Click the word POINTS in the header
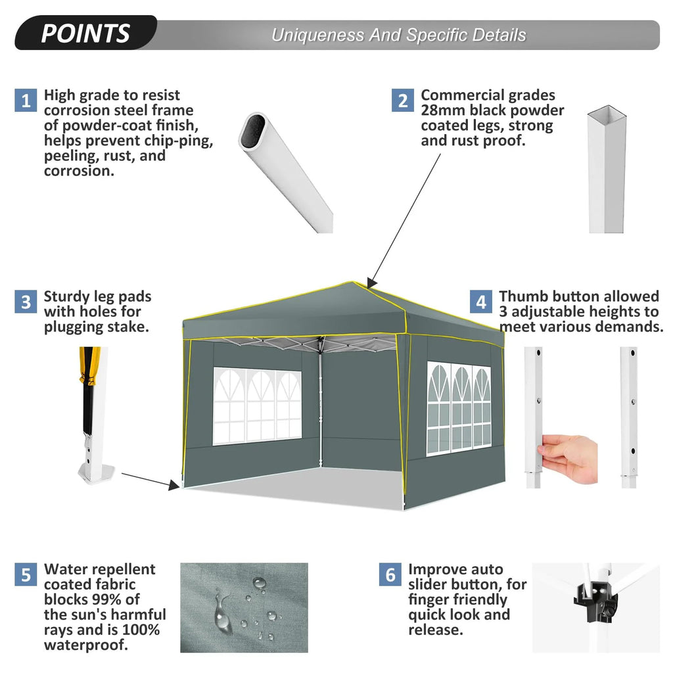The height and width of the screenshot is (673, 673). [x=85, y=34]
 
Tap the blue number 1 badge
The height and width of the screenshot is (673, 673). [x=26, y=100]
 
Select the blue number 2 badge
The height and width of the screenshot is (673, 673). [x=403, y=100]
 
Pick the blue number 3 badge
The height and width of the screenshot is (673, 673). [x=26, y=302]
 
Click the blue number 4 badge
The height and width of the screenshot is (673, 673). [x=480, y=302]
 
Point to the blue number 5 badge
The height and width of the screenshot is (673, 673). [x=26, y=574]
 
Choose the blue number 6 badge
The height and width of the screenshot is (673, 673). [x=390, y=574]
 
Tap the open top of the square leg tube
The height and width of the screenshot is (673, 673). [x=607, y=115]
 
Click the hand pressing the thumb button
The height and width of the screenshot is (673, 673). [x=569, y=457]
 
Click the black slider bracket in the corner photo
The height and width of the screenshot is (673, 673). [x=595, y=600]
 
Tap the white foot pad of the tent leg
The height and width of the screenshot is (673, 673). [x=96, y=475]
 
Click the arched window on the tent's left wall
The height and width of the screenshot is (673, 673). [x=257, y=406]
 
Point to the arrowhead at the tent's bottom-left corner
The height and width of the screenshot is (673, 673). [x=174, y=485]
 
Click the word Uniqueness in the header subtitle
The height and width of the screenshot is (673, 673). [x=317, y=35]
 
